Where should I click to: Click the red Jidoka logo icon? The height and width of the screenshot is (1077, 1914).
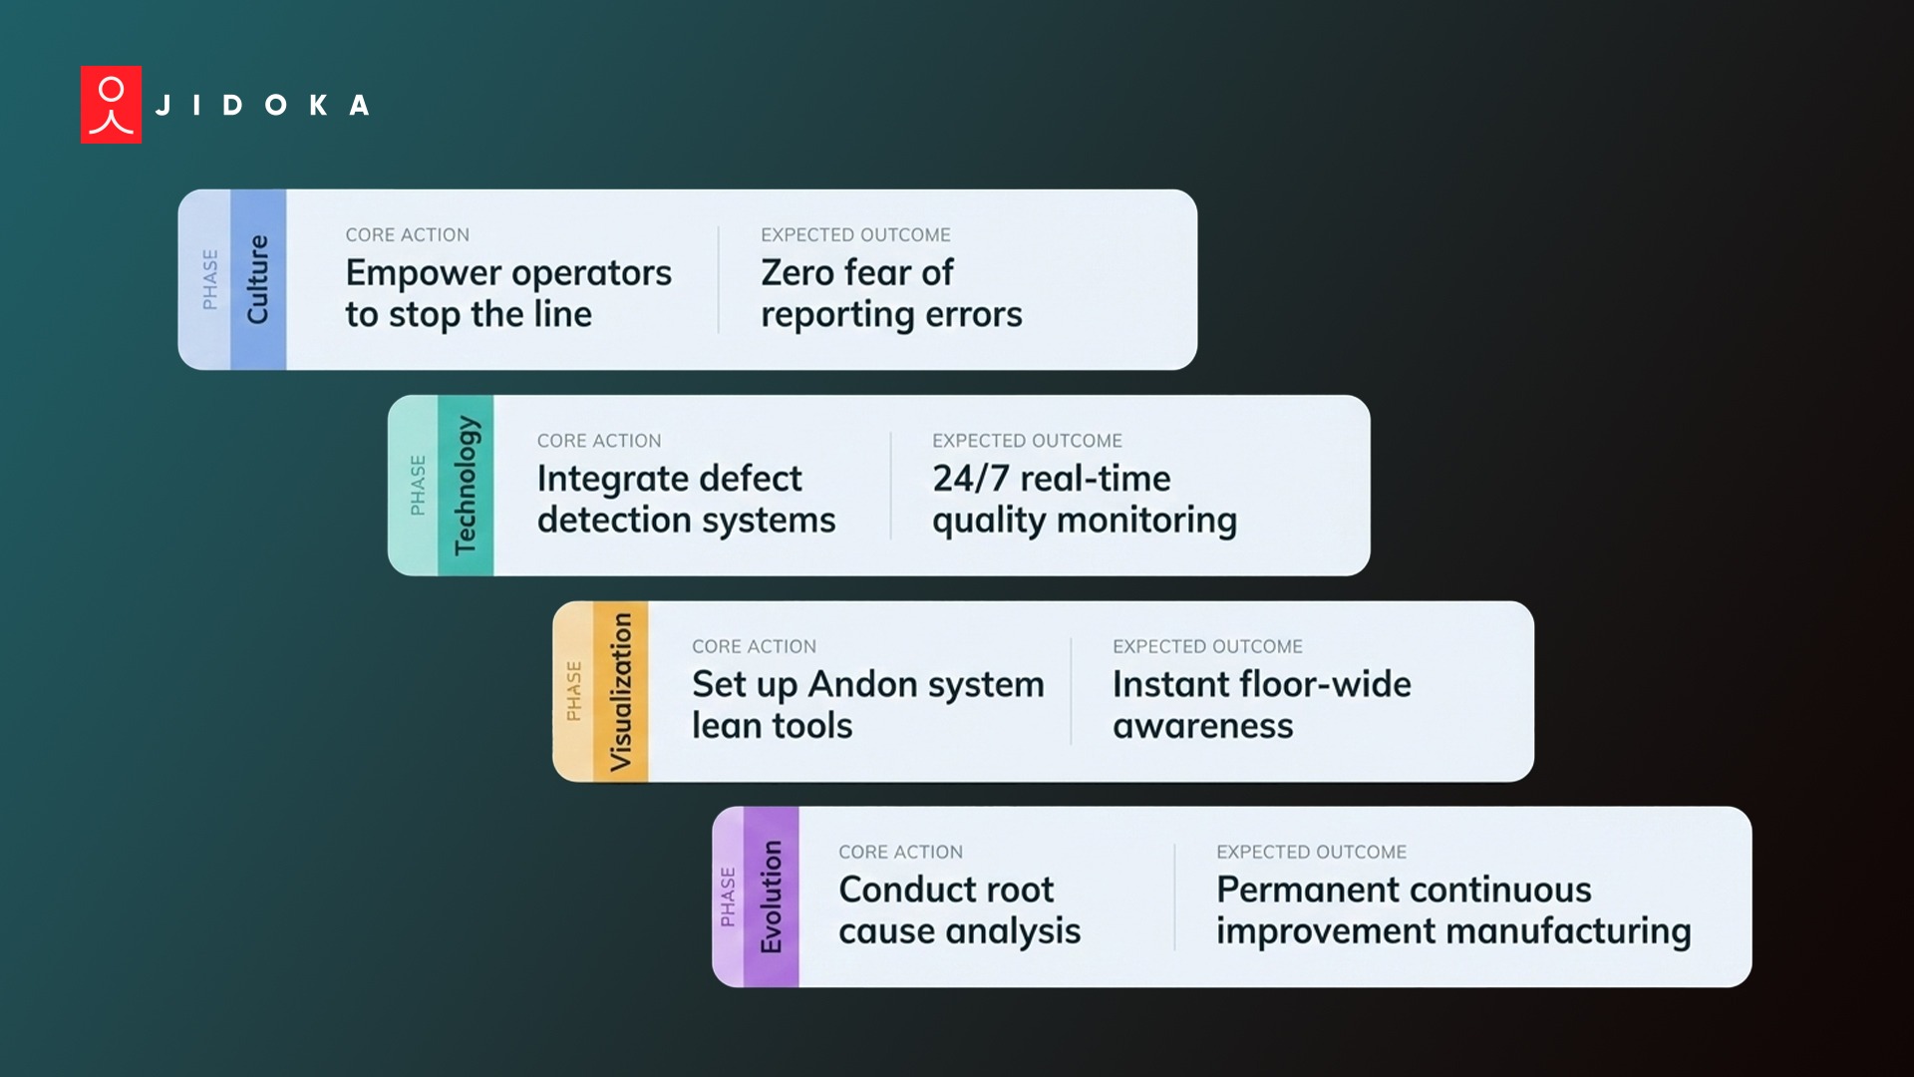tap(111, 105)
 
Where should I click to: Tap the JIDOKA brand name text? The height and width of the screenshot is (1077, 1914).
tap(263, 105)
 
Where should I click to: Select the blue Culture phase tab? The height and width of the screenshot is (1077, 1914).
tap(258, 279)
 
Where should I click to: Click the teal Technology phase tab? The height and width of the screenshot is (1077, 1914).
tap(466, 486)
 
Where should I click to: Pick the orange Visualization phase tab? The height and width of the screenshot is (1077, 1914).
tap(621, 691)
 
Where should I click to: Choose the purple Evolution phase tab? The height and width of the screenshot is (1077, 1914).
tap(771, 897)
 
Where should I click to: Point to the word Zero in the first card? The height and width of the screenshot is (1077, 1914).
tap(797, 272)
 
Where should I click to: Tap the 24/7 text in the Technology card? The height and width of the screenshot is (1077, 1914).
tap(971, 479)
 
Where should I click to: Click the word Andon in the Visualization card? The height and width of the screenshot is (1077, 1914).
tap(862, 684)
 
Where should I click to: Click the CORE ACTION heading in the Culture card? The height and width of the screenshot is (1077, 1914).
tap(407, 235)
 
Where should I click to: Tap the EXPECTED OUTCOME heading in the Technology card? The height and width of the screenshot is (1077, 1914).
tap(1027, 441)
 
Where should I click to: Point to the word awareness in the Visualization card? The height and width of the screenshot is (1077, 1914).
tap(1202, 726)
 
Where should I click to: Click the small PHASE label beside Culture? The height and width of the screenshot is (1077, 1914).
tap(210, 279)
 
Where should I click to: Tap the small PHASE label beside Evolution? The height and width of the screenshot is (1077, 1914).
tap(728, 897)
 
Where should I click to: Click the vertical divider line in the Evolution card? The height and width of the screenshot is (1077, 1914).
tap(1174, 897)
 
